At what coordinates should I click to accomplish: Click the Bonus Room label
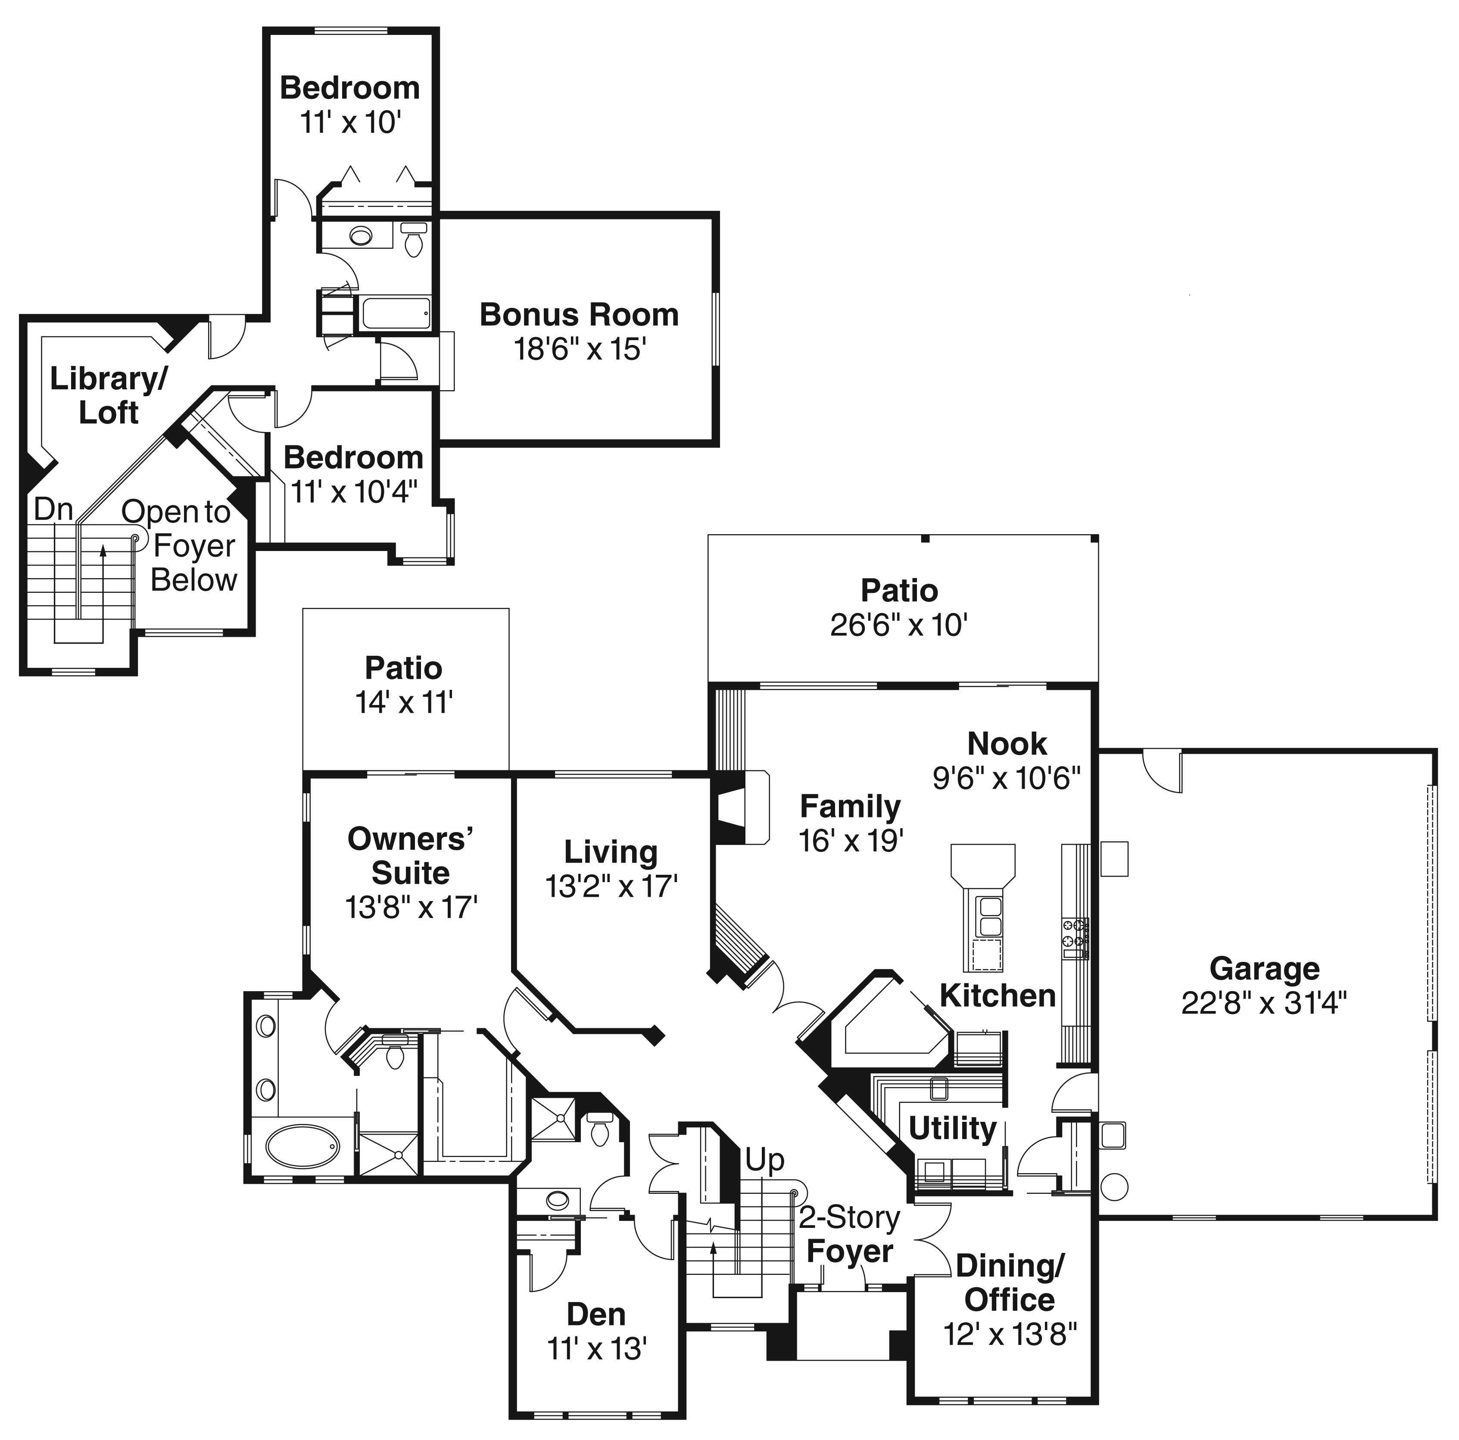(x=579, y=315)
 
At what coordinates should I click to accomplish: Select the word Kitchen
(x=997, y=996)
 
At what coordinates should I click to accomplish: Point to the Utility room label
(x=952, y=1128)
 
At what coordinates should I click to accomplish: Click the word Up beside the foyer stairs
(x=764, y=1160)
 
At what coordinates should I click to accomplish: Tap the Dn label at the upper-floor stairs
(x=53, y=509)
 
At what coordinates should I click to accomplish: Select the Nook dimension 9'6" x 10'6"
(x=1007, y=777)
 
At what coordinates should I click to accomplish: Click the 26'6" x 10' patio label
(x=899, y=625)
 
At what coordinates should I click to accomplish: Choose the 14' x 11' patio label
(x=404, y=703)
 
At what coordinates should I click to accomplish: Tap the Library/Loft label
(x=108, y=395)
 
